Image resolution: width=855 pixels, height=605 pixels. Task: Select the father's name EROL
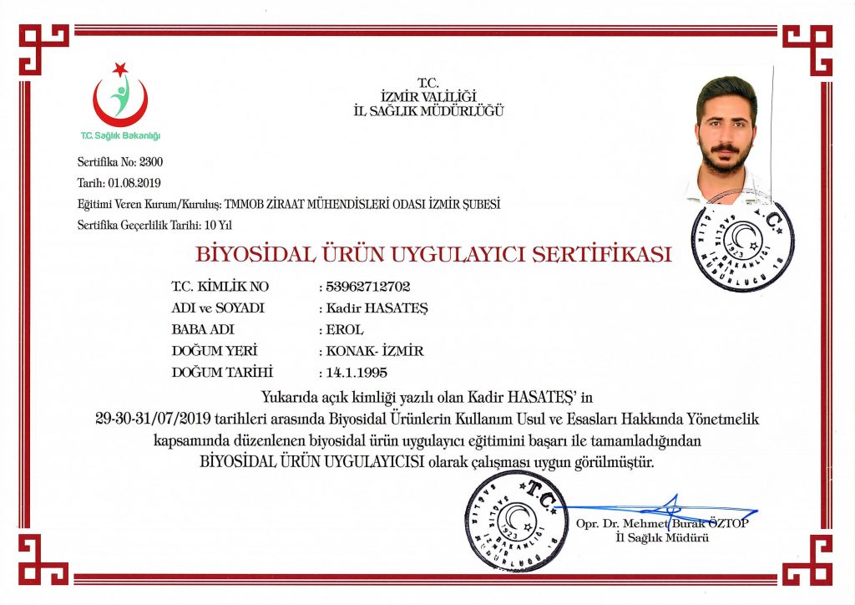tap(344, 329)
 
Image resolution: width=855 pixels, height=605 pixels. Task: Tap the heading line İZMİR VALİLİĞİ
tap(428, 96)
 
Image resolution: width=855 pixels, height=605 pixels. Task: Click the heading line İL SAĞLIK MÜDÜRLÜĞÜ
tap(428, 110)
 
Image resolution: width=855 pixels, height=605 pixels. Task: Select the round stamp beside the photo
tap(742, 246)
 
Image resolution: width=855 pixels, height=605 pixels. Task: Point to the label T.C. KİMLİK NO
tap(220, 287)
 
